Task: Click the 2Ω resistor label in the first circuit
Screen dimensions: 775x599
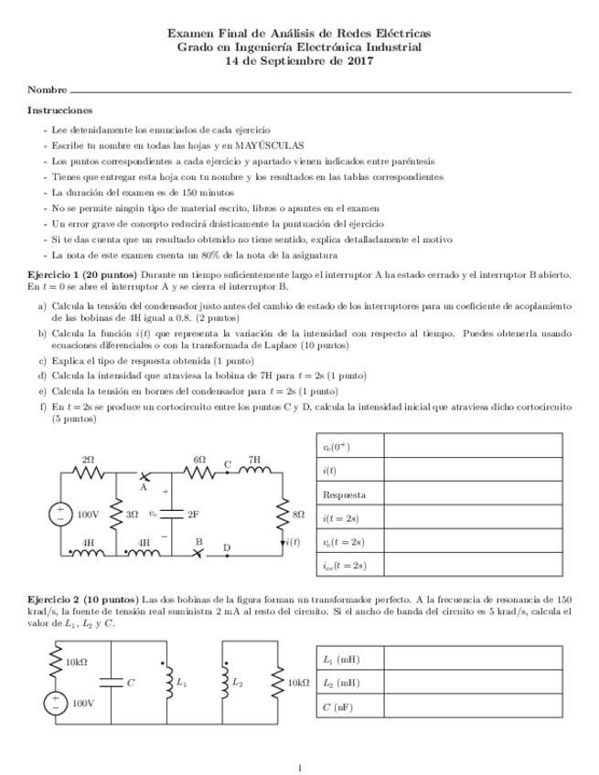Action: pos(88,459)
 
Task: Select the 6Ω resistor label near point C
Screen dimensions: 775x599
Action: pos(199,459)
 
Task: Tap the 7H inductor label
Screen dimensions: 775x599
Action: pos(254,459)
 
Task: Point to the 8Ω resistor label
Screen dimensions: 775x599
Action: pos(297,515)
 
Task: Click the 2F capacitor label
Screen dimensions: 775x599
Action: pos(193,515)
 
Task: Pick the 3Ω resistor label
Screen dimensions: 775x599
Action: pos(132,515)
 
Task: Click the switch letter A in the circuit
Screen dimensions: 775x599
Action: pos(144,487)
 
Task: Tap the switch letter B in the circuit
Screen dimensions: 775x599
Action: pos(198,541)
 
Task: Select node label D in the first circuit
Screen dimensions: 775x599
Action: pos(227,547)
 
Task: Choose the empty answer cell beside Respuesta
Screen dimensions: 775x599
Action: pos(472,494)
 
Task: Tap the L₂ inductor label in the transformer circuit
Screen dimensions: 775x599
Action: pos(238,682)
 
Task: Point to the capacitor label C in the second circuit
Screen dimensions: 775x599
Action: pos(130,682)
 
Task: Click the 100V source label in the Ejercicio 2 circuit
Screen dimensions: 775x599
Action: pos(83,704)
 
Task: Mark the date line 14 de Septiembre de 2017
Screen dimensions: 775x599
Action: pos(299,61)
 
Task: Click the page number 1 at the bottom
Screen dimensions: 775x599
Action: pos(299,767)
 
